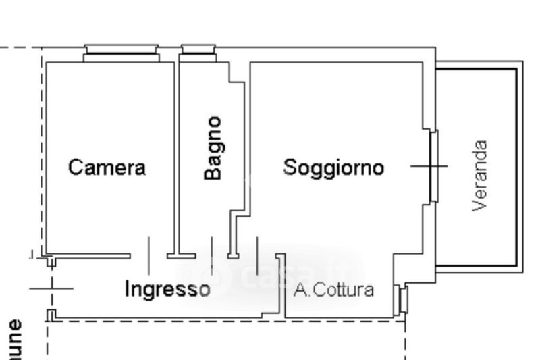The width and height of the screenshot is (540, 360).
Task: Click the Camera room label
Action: pos(107,167)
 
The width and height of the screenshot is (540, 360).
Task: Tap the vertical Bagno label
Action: pos(213,149)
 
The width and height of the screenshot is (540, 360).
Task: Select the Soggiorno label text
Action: pos(333,167)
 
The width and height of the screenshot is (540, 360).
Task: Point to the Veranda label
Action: pos(481,176)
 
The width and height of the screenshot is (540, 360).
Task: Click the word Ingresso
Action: pos(167,289)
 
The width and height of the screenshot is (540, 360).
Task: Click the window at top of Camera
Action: pos(122,53)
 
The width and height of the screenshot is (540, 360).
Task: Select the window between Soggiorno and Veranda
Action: pos(433,165)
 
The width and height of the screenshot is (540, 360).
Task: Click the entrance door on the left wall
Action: pos(51,288)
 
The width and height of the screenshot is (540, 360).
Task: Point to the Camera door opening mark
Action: pos(148,255)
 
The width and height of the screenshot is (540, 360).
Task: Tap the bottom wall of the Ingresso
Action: pos(162,317)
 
